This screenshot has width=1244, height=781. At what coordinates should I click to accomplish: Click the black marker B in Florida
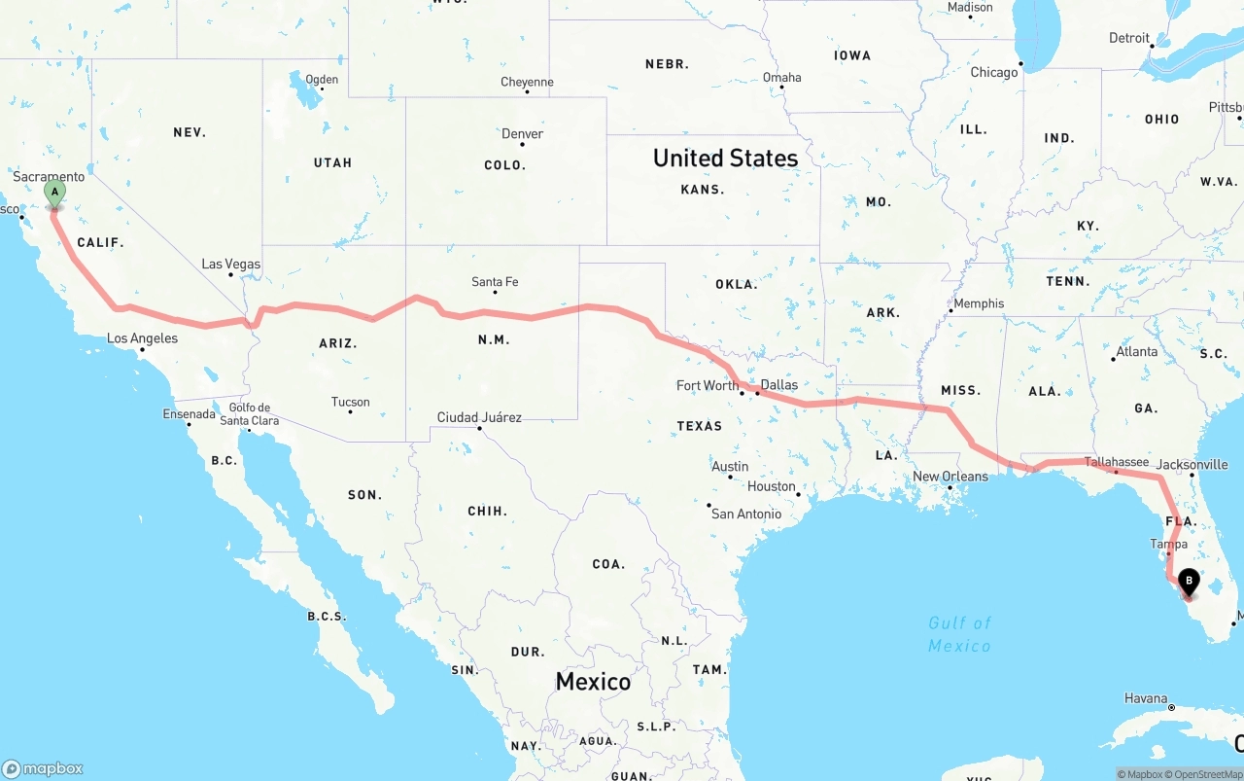click(1188, 583)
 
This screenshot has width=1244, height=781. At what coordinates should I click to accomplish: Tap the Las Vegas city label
click(230, 264)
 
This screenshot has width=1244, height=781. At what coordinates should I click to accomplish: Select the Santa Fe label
click(495, 282)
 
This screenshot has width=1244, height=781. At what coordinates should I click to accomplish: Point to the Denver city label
click(522, 134)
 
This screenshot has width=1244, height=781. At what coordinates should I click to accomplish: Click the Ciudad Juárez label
click(479, 417)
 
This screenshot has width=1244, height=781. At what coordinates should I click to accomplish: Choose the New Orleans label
click(950, 477)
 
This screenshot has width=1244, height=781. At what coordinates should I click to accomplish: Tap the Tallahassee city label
click(1116, 462)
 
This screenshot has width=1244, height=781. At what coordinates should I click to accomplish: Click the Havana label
click(1146, 698)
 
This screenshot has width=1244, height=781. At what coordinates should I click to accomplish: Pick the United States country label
click(725, 158)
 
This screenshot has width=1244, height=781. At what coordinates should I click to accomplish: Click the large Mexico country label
click(593, 682)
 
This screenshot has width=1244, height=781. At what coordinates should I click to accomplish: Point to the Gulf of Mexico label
click(959, 634)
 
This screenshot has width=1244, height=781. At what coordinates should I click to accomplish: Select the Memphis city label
click(979, 303)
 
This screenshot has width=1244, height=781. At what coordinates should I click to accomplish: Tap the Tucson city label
click(350, 402)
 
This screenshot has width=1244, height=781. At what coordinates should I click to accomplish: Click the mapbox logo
click(43, 768)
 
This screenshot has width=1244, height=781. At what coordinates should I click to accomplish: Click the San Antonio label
click(745, 514)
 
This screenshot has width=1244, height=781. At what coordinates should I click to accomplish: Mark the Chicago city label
click(993, 72)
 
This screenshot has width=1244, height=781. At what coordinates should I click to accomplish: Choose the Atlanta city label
click(1136, 351)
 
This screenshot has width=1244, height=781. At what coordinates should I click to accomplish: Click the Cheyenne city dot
click(527, 91)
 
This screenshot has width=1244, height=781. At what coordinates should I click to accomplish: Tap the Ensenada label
click(189, 414)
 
